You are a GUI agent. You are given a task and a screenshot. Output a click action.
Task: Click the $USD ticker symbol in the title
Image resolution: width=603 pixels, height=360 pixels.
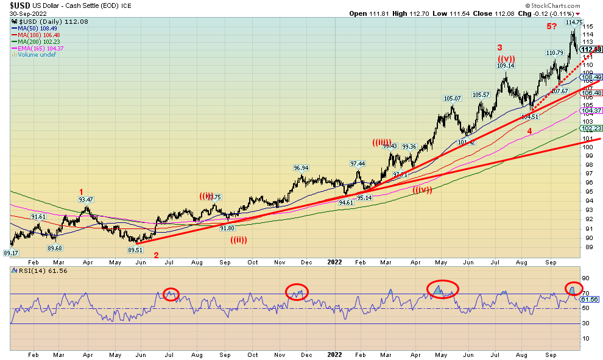[x=16, y=5]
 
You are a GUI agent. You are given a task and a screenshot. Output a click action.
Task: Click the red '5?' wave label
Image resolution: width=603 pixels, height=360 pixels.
[x=552, y=26]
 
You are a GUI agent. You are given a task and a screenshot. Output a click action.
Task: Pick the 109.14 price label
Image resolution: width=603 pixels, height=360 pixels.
[x=505, y=65]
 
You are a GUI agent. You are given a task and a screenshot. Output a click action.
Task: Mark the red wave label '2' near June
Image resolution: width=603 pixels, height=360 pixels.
[x=155, y=255]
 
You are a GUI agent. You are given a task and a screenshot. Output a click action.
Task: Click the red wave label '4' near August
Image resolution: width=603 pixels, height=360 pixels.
[x=529, y=131]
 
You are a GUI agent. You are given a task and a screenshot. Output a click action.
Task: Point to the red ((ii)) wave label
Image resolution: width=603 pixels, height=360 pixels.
[x=239, y=239]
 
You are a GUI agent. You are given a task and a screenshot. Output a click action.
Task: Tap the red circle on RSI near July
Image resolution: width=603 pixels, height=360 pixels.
[x=171, y=294]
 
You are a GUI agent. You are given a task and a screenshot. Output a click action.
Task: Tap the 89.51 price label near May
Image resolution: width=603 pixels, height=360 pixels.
[x=135, y=250]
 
